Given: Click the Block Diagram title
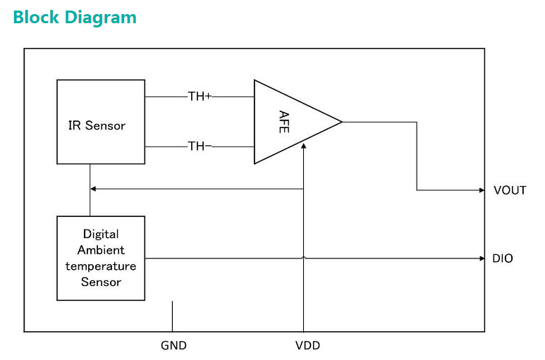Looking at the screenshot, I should [x=74, y=17].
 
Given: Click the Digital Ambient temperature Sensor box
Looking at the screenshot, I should [x=101, y=258].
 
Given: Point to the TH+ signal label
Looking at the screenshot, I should [x=200, y=96].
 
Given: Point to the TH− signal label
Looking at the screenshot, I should [x=200, y=147].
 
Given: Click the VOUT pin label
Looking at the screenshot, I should [x=510, y=190].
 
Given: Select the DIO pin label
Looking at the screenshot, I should [x=503, y=259].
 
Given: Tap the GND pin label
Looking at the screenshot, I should [x=173, y=345].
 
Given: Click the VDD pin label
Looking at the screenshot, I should [x=307, y=345].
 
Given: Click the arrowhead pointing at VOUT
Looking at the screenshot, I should [x=480, y=190].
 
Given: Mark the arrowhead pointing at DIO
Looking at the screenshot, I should [x=480, y=259].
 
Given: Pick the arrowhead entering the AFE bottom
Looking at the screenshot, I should [x=303, y=145].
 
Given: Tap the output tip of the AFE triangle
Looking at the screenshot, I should [x=341, y=122].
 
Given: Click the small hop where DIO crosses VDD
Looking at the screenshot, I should [x=303, y=258].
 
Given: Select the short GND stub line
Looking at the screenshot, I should [x=172, y=316].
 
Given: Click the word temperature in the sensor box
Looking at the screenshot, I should [x=101, y=266].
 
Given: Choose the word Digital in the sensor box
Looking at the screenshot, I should [x=101, y=234].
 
